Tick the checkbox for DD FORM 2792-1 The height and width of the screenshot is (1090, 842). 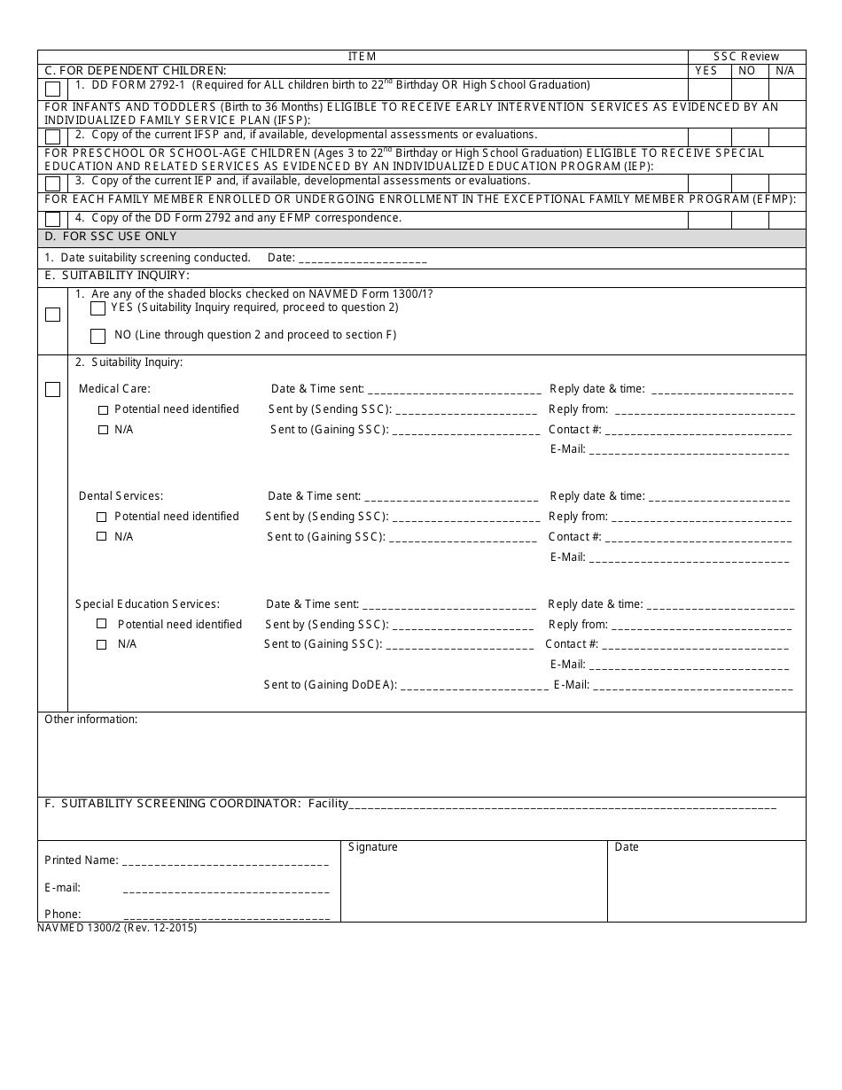(53, 90)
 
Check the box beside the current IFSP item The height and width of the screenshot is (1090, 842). (53, 136)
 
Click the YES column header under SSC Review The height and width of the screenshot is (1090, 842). (706, 71)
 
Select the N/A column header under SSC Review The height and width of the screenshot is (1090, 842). (785, 71)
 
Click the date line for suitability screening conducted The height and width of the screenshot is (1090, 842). (363, 259)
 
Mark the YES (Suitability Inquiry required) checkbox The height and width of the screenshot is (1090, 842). (98, 308)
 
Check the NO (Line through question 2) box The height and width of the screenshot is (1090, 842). (98, 336)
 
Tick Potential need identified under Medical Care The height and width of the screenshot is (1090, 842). (103, 409)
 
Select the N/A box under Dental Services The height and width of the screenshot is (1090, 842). (101, 537)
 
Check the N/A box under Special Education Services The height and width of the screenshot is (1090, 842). (101, 644)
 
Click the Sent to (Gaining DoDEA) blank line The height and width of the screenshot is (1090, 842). (474, 686)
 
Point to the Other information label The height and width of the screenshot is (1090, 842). (90, 720)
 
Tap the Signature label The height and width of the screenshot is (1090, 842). (372, 847)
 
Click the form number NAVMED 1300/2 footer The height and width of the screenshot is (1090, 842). (117, 928)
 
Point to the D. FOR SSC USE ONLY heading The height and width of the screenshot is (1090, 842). (111, 237)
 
